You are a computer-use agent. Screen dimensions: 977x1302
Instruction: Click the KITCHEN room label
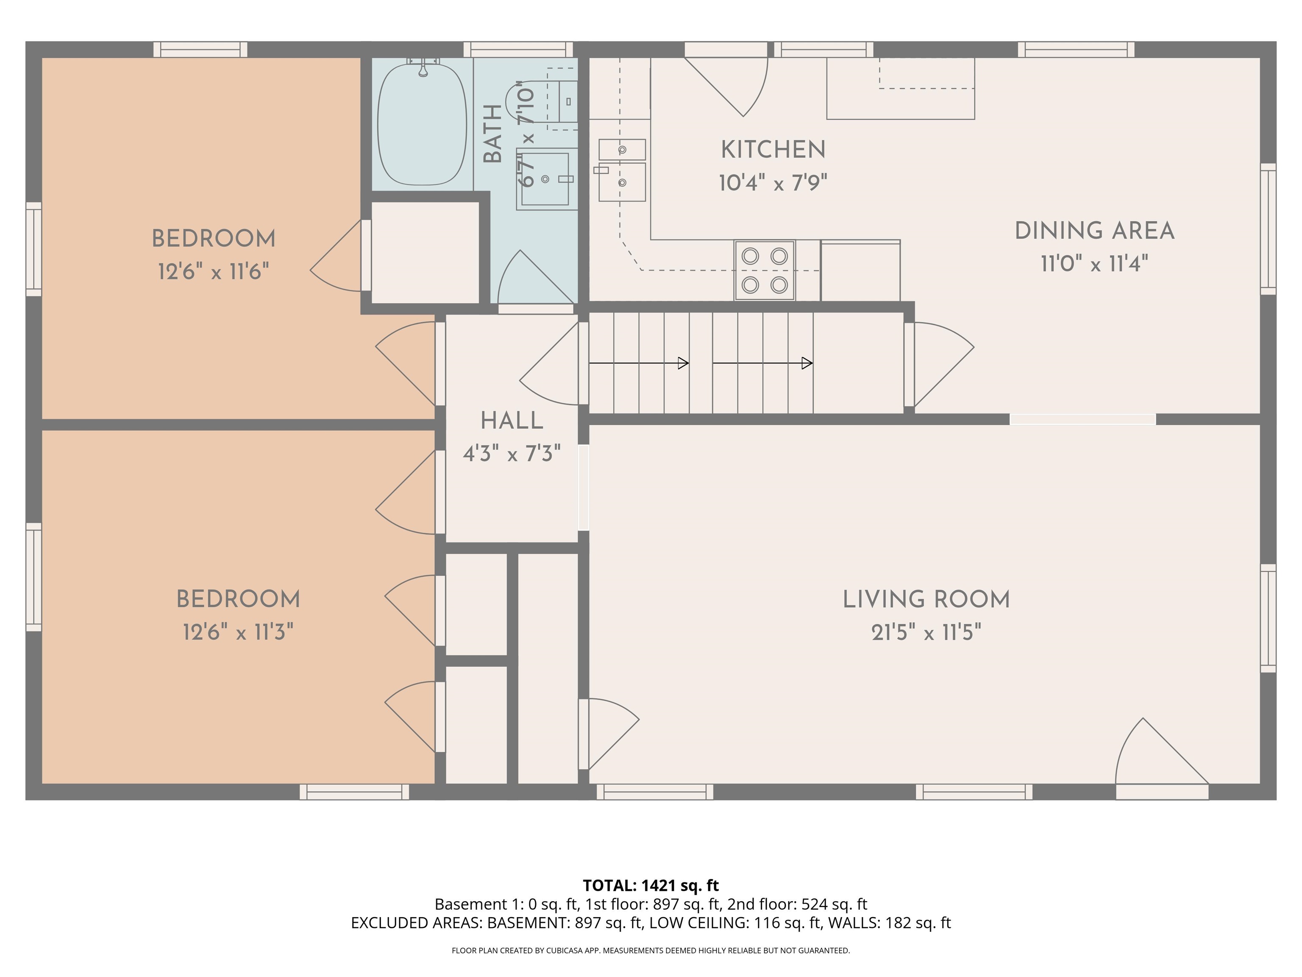click(x=773, y=150)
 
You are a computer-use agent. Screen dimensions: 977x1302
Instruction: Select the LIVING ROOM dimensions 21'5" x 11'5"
click(x=926, y=633)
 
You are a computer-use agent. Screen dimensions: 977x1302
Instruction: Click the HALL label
click(x=512, y=421)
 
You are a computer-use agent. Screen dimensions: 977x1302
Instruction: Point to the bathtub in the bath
click(x=422, y=124)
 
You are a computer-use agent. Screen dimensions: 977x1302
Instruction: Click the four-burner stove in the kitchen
click(x=764, y=270)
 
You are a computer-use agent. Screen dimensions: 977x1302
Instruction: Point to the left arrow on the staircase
click(x=639, y=363)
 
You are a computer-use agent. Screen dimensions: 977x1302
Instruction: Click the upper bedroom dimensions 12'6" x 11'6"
click(x=213, y=272)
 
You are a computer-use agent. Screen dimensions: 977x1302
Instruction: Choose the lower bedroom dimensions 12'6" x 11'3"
click(x=238, y=633)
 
